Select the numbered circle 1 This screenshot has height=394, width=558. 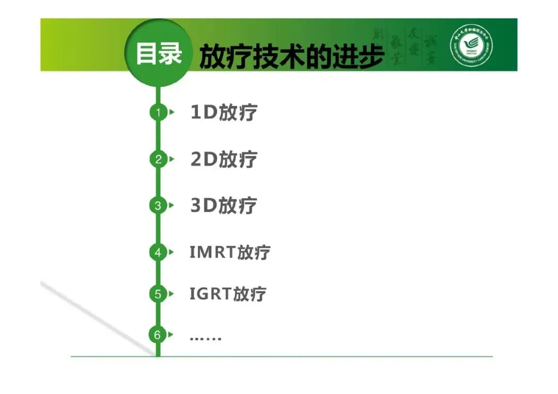click(x=158, y=112)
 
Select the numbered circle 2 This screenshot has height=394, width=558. click(x=158, y=160)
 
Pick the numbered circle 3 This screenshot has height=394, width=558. click(x=158, y=206)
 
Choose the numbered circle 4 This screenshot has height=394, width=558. click(x=158, y=253)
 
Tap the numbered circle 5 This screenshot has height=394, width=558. click(x=158, y=294)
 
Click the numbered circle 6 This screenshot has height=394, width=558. click(x=158, y=335)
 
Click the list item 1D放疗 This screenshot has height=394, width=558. click(x=224, y=113)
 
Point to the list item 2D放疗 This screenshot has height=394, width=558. click(x=224, y=160)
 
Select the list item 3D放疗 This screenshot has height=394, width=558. click(x=224, y=206)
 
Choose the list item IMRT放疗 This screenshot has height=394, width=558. click(x=230, y=253)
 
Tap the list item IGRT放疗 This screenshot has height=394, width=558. click(x=228, y=294)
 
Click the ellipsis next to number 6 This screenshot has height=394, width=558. click(x=205, y=338)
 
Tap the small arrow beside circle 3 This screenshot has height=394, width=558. click(x=172, y=206)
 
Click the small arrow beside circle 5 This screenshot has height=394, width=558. click(x=172, y=294)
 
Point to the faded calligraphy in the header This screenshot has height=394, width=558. click(x=406, y=46)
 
